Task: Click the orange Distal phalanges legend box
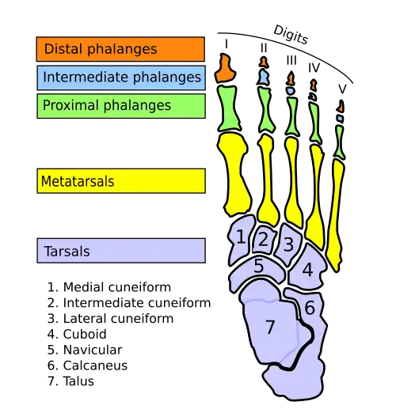pos(120,49)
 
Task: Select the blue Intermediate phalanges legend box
pos(121,78)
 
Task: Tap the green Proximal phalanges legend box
pos(121,106)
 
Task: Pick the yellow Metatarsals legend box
pos(121,181)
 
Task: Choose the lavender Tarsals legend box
pos(121,251)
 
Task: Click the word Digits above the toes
pos(291,35)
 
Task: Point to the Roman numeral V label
pos(342,89)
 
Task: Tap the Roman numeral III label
pos(291,60)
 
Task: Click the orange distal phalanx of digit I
pos(225,68)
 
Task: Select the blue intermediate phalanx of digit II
pos(263,77)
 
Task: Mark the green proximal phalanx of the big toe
pos(229,108)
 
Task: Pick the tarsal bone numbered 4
pos(307,267)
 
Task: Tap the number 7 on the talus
pos(270,327)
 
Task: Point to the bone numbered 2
pos(264,240)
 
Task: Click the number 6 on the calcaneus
pos(310,308)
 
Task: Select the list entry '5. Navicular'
pos(85,350)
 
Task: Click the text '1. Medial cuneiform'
pos(109,287)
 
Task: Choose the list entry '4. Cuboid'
pos(77,334)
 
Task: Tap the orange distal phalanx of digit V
pos(341,106)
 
